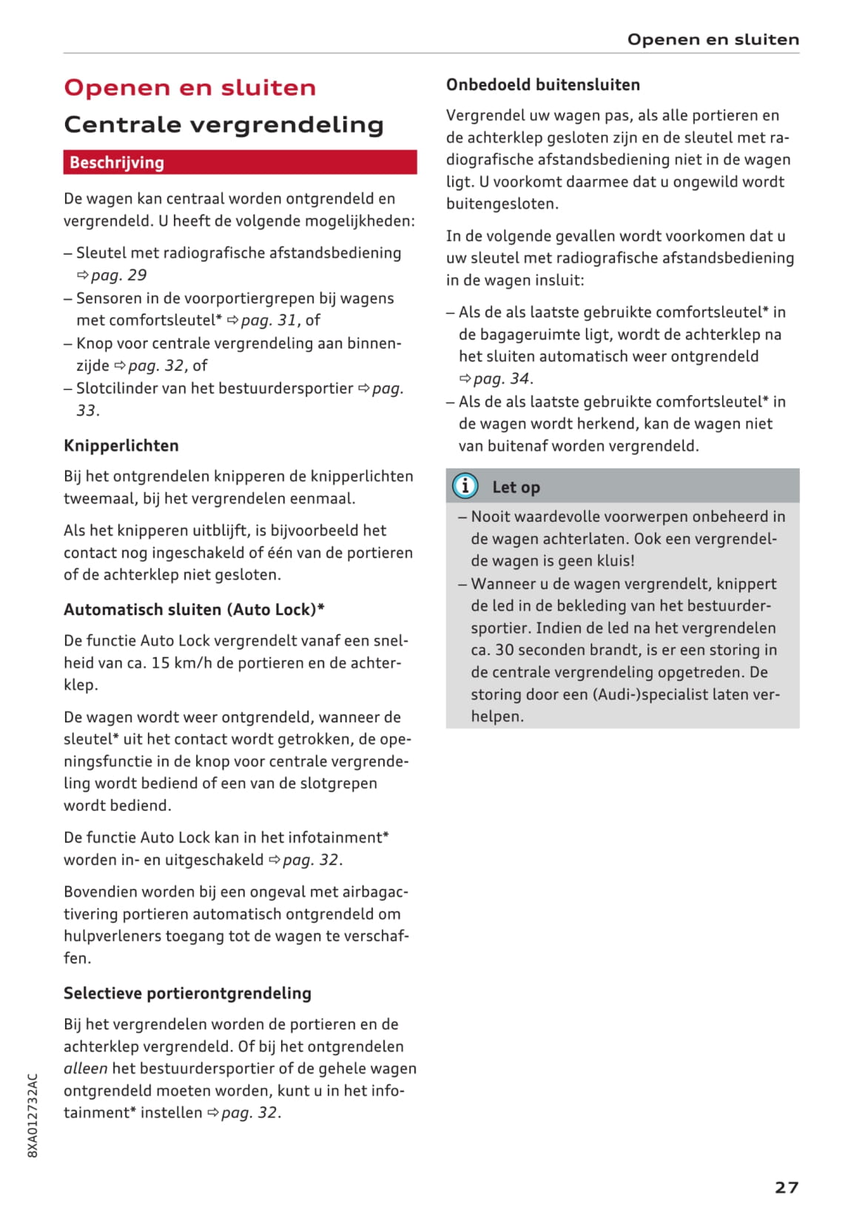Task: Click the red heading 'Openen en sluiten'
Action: [x=189, y=87]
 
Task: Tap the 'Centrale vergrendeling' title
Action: [x=223, y=124]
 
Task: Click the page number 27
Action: [x=786, y=1187]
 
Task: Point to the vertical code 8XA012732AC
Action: [x=33, y=1114]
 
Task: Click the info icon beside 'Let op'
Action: [x=465, y=486]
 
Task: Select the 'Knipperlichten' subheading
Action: [x=121, y=445]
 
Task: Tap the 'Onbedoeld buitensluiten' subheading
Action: [x=542, y=85]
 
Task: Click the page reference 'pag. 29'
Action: [x=118, y=275]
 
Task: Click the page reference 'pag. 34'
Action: [x=501, y=379]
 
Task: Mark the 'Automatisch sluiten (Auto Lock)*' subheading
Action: [x=194, y=610]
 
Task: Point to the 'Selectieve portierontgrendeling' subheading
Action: [x=187, y=993]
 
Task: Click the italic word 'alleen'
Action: [x=85, y=1069]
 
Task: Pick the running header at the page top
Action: [x=713, y=39]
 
